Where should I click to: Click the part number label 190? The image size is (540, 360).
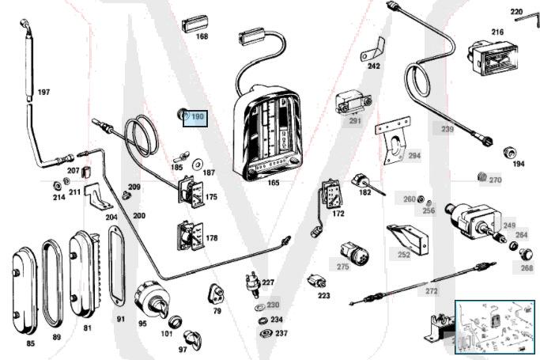click(x=197, y=117)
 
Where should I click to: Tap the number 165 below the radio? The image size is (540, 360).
click(x=274, y=183)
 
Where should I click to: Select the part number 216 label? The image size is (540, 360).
click(x=497, y=32)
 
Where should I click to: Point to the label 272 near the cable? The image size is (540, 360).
click(x=431, y=291)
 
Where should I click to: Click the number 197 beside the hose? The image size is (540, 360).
click(x=43, y=93)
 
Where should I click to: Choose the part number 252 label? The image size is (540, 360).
click(x=404, y=255)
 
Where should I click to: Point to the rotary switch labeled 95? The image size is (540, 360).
click(x=149, y=297)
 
